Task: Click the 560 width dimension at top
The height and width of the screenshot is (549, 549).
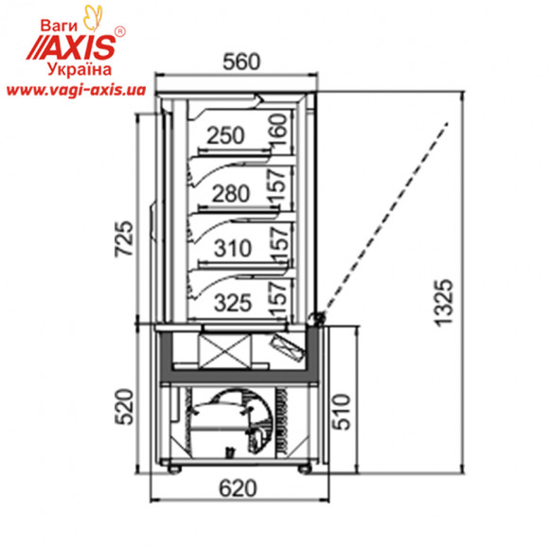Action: click(241, 62)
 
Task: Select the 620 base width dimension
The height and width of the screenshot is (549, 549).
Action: click(239, 488)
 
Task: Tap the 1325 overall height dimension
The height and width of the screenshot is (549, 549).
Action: click(444, 303)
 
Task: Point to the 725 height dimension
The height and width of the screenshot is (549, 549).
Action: click(124, 239)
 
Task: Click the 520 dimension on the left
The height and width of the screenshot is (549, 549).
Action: click(124, 406)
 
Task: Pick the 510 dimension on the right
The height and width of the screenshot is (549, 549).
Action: click(342, 412)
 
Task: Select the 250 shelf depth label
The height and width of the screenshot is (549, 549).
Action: click(225, 135)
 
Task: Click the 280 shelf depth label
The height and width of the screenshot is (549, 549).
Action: click(231, 194)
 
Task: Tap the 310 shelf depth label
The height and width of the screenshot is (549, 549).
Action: click(233, 248)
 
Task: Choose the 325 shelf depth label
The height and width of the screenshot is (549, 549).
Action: click(233, 303)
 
